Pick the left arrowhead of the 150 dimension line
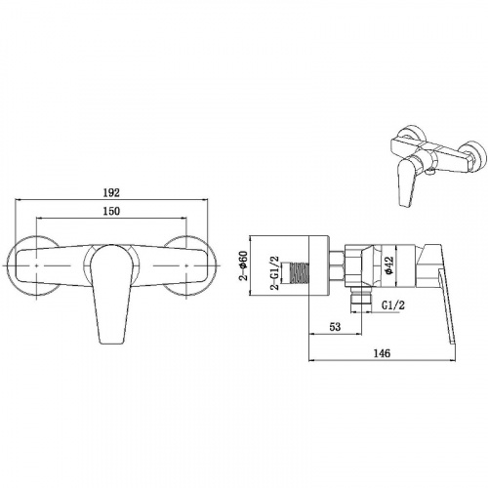point(38,221)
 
